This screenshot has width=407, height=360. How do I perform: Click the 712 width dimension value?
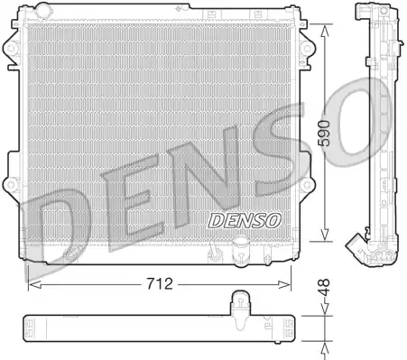pyautogui.click(x=160, y=283)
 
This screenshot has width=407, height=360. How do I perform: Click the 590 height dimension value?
pyautogui.click(x=324, y=134)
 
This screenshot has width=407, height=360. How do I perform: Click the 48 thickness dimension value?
pyautogui.click(x=324, y=288)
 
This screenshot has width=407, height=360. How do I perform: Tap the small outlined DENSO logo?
pyautogui.click(x=245, y=220)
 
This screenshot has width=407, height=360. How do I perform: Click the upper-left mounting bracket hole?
pyautogui.click(x=11, y=48)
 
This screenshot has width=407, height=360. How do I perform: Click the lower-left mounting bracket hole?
pyautogui.click(x=11, y=184)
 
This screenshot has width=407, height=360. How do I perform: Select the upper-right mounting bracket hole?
pyautogui.click(x=307, y=48)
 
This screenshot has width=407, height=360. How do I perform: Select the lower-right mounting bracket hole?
pyautogui.click(x=307, y=185)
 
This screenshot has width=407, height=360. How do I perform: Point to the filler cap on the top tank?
pyautogui.click(x=43, y=10)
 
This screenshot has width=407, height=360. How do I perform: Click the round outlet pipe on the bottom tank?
pyautogui.click(x=242, y=251)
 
